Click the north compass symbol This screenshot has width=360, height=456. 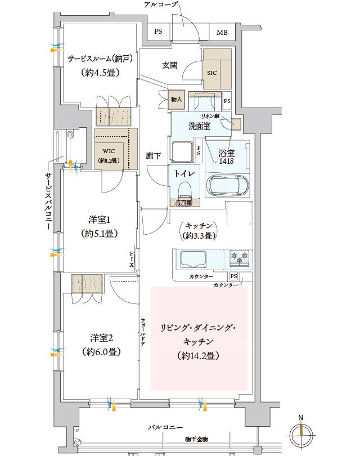click(301, 431)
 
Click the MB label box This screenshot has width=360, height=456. click(222, 33)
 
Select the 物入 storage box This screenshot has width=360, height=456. click(177, 99)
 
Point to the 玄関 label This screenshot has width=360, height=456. click(170, 66)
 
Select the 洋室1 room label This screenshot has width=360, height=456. click(99, 219)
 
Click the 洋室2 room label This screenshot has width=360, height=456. click(99, 338)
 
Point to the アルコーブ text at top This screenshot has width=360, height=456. click(161, 5)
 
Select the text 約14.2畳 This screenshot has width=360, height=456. click(197, 356)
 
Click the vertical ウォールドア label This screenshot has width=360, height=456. click(143, 335)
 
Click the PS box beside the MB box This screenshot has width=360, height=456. click(159, 33)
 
